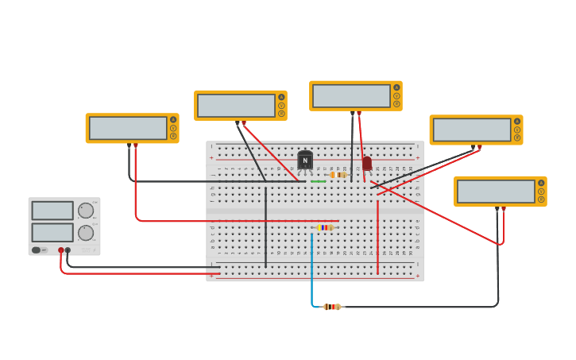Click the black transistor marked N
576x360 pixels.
[x=305, y=161]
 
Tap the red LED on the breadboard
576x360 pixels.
[x=367, y=163]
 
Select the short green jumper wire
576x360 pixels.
[x=318, y=182]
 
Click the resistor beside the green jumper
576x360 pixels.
[x=338, y=175]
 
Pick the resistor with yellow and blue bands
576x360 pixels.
[x=325, y=227]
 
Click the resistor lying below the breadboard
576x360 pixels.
[x=332, y=307]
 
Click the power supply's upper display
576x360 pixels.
[x=52, y=211]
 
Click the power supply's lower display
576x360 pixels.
[x=52, y=232]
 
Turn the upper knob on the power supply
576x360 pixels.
[x=85, y=211]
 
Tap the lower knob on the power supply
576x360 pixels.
[x=85, y=232]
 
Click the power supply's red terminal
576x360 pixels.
[x=60, y=250]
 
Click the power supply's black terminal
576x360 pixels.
[x=68, y=250]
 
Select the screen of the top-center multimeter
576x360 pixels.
[x=351, y=95]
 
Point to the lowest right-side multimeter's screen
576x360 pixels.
[x=496, y=192]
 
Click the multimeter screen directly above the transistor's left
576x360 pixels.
[x=236, y=105]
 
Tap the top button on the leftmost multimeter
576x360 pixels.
[x=173, y=120]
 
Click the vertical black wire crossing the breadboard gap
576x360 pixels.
[x=265, y=223]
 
